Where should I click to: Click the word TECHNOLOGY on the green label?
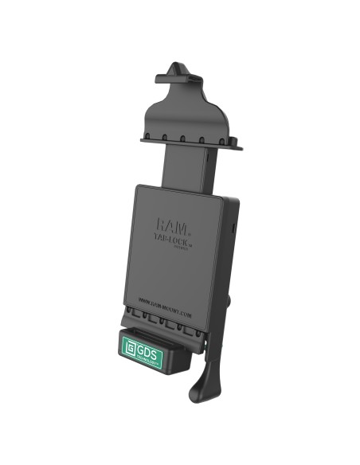coord(148,356)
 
